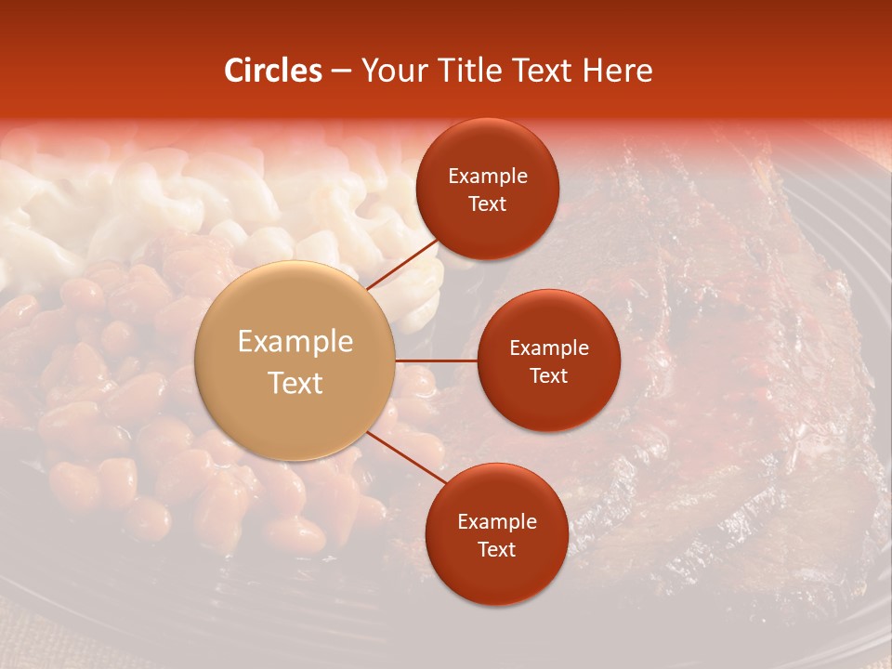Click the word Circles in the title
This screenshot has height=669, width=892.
(x=273, y=71)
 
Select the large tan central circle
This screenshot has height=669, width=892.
(x=295, y=361)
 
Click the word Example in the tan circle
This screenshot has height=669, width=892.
(x=295, y=342)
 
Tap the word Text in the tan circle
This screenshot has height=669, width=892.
(x=295, y=383)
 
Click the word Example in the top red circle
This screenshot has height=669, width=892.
(x=488, y=177)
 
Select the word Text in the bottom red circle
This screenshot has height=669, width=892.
(x=496, y=550)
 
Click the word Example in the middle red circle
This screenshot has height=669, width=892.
(x=549, y=348)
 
